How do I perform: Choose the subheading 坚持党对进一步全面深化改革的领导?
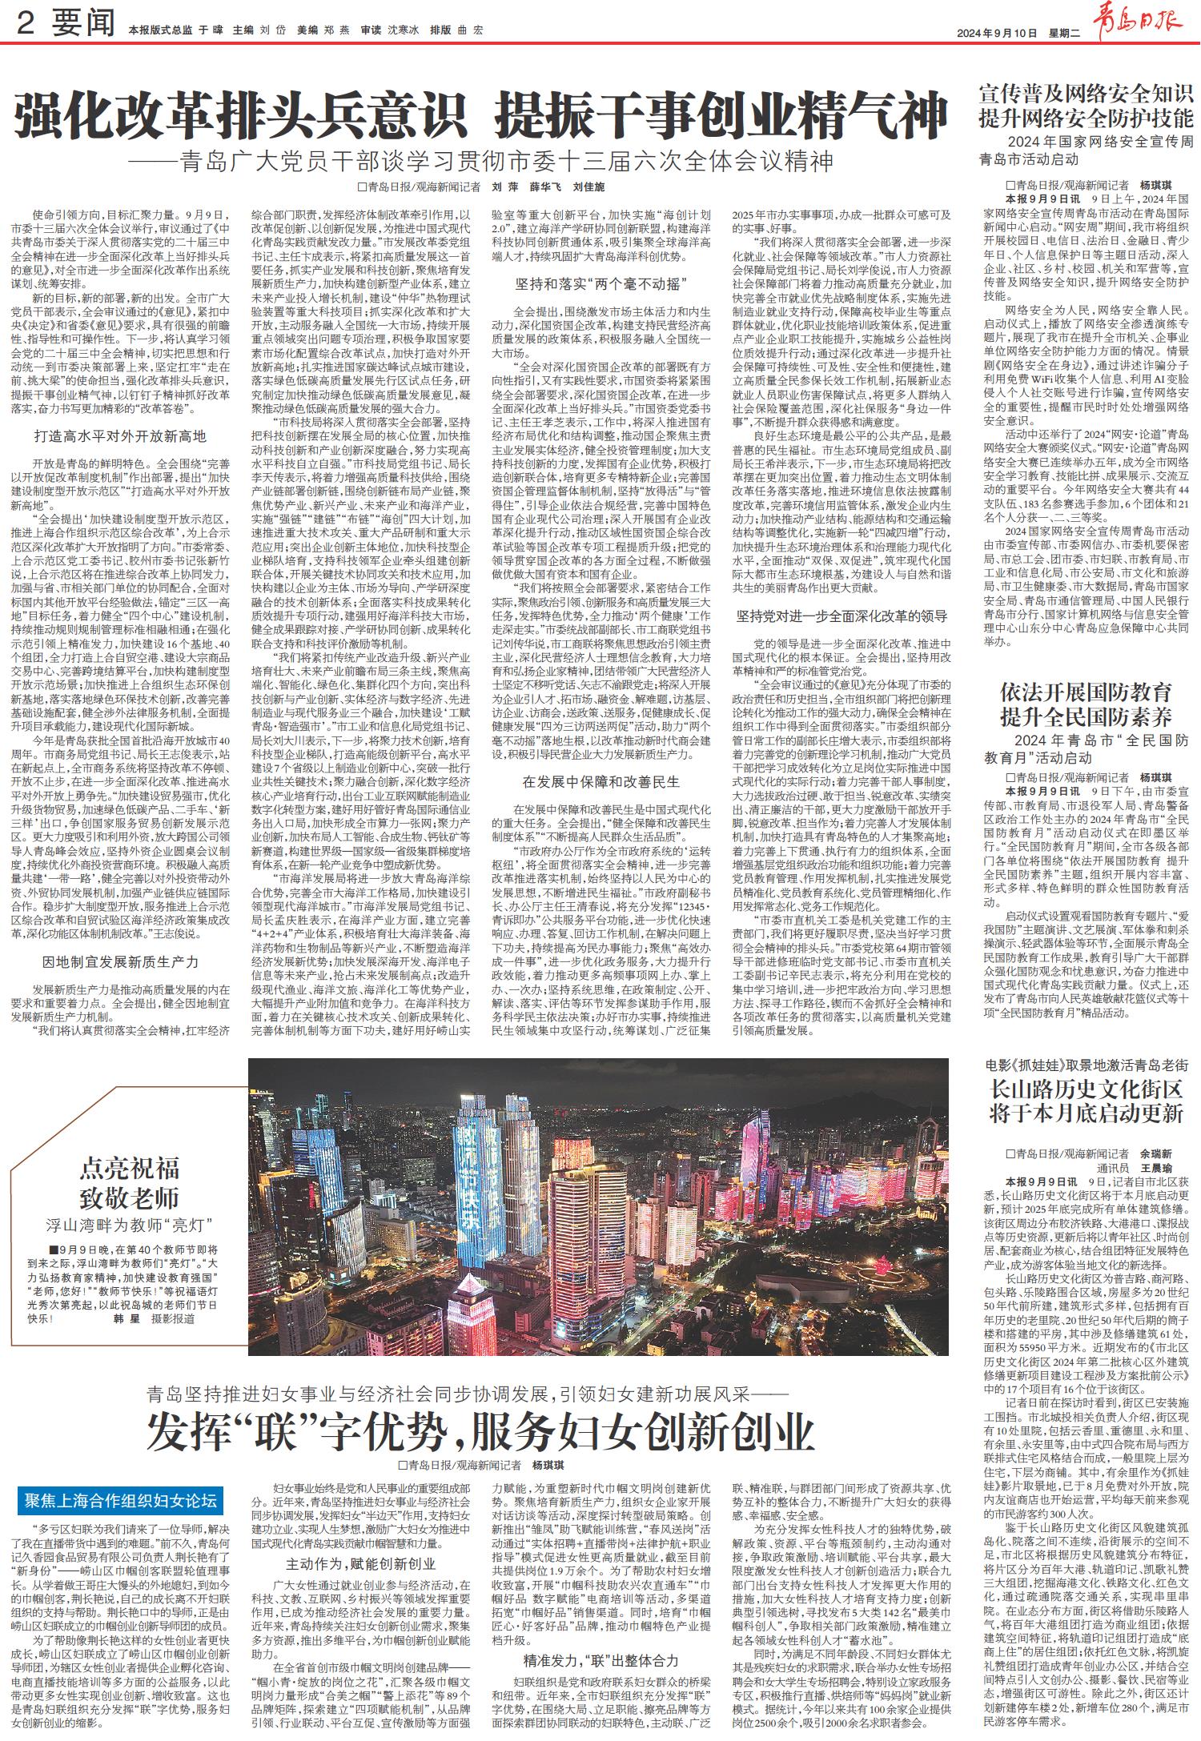coord(842,616)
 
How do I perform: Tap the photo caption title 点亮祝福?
coord(129,1169)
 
